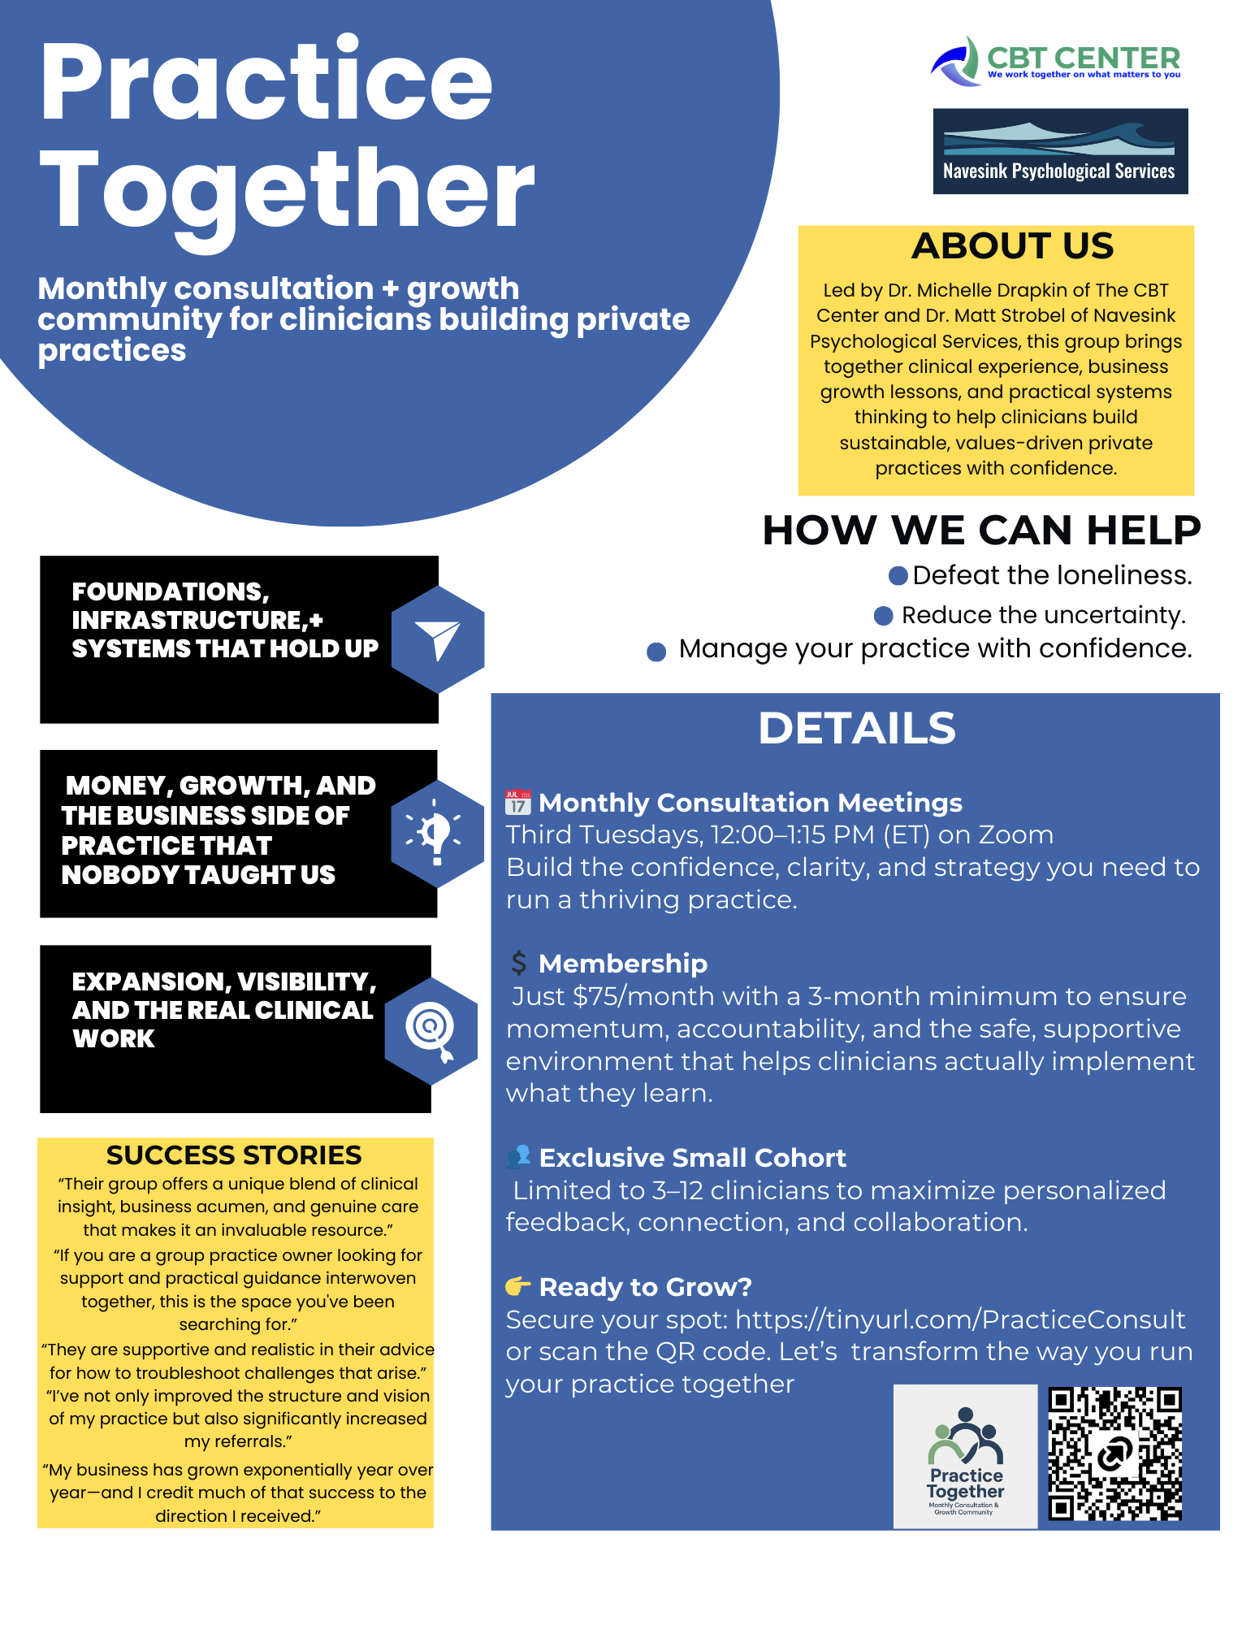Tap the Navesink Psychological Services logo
[1060, 151]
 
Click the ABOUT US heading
[1012, 246]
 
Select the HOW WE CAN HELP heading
[981, 531]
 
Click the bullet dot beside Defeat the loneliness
[898, 576]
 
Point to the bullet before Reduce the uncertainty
[883, 616]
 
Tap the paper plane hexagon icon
[438, 639]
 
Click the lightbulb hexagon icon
[437, 834]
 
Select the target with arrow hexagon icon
[431, 1030]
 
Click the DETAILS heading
[856, 728]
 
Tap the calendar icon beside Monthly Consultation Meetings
[517, 803]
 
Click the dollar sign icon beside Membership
[518, 964]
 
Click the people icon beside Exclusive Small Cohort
[518, 1157]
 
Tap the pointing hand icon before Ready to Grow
[517, 1286]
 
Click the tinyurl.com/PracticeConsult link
[960, 1319]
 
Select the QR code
[1114, 1454]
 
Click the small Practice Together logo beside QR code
[965, 1456]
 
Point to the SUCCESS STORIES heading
[234, 1155]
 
